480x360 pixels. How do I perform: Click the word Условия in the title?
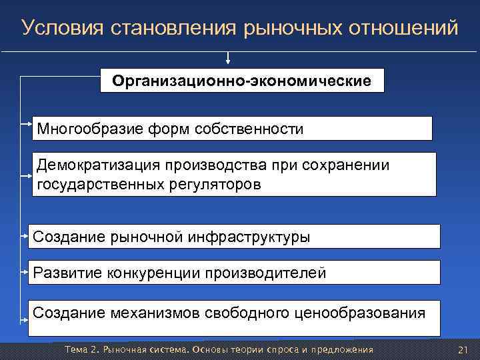[x=59, y=28]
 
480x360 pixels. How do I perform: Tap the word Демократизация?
[x=96, y=165]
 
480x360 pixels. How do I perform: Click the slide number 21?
[x=464, y=350]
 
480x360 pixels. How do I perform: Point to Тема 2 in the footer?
[x=79, y=350]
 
